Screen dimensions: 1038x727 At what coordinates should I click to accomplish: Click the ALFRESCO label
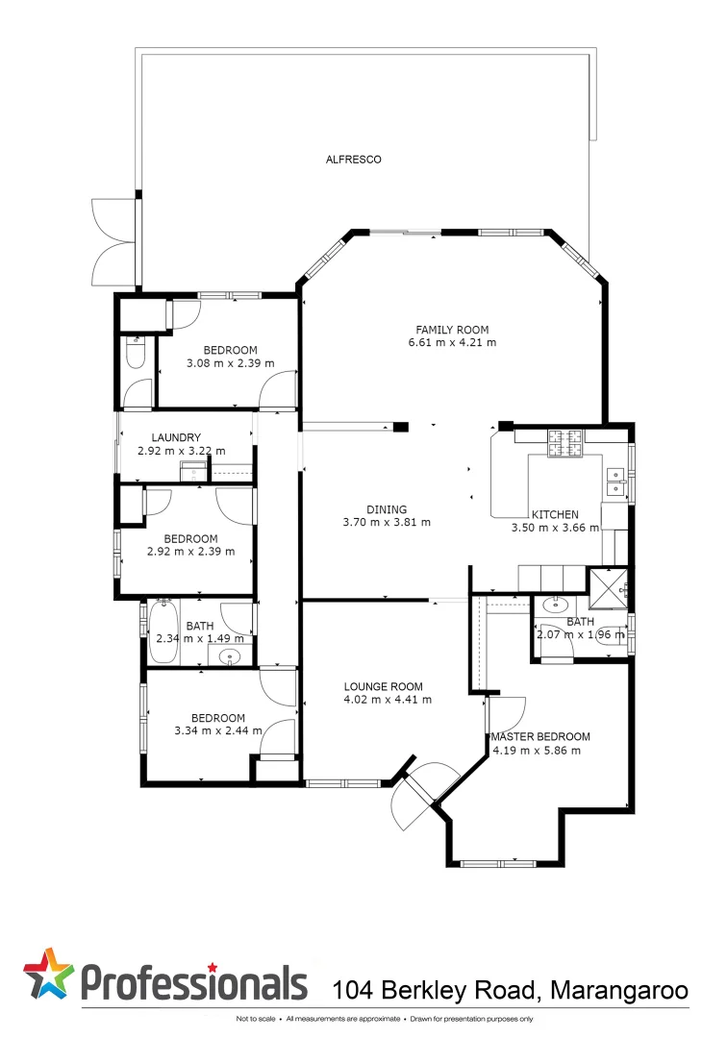[x=353, y=160]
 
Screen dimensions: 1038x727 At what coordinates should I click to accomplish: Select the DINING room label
[x=387, y=509]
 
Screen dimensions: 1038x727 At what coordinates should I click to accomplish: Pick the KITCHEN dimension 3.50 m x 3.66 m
[x=555, y=528]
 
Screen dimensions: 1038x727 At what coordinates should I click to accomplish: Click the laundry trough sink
[x=194, y=470]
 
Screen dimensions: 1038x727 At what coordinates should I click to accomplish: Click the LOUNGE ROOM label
[x=384, y=686]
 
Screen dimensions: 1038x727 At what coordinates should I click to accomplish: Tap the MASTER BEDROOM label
[x=540, y=736]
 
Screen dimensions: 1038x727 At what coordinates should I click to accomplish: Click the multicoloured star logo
[x=48, y=975]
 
